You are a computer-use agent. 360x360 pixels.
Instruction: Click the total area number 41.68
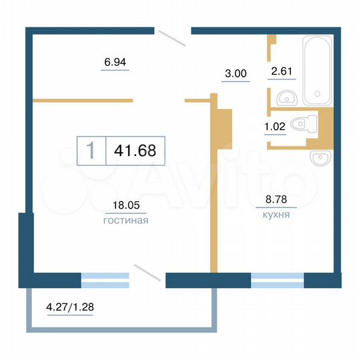pyautogui.click(x=135, y=150)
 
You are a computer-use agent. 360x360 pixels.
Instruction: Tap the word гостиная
pyautogui.click(x=125, y=219)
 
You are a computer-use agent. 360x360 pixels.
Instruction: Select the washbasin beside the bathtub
pyautogui.click(x=288, y=97)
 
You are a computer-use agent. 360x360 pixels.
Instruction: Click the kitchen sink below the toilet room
pyautogui.click(x=320, y=158)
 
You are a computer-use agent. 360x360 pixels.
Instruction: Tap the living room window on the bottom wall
pyautogui.click(x=105, y=280)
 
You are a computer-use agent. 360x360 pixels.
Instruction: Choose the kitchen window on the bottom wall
pyautogui.click(x=277, y=280)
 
